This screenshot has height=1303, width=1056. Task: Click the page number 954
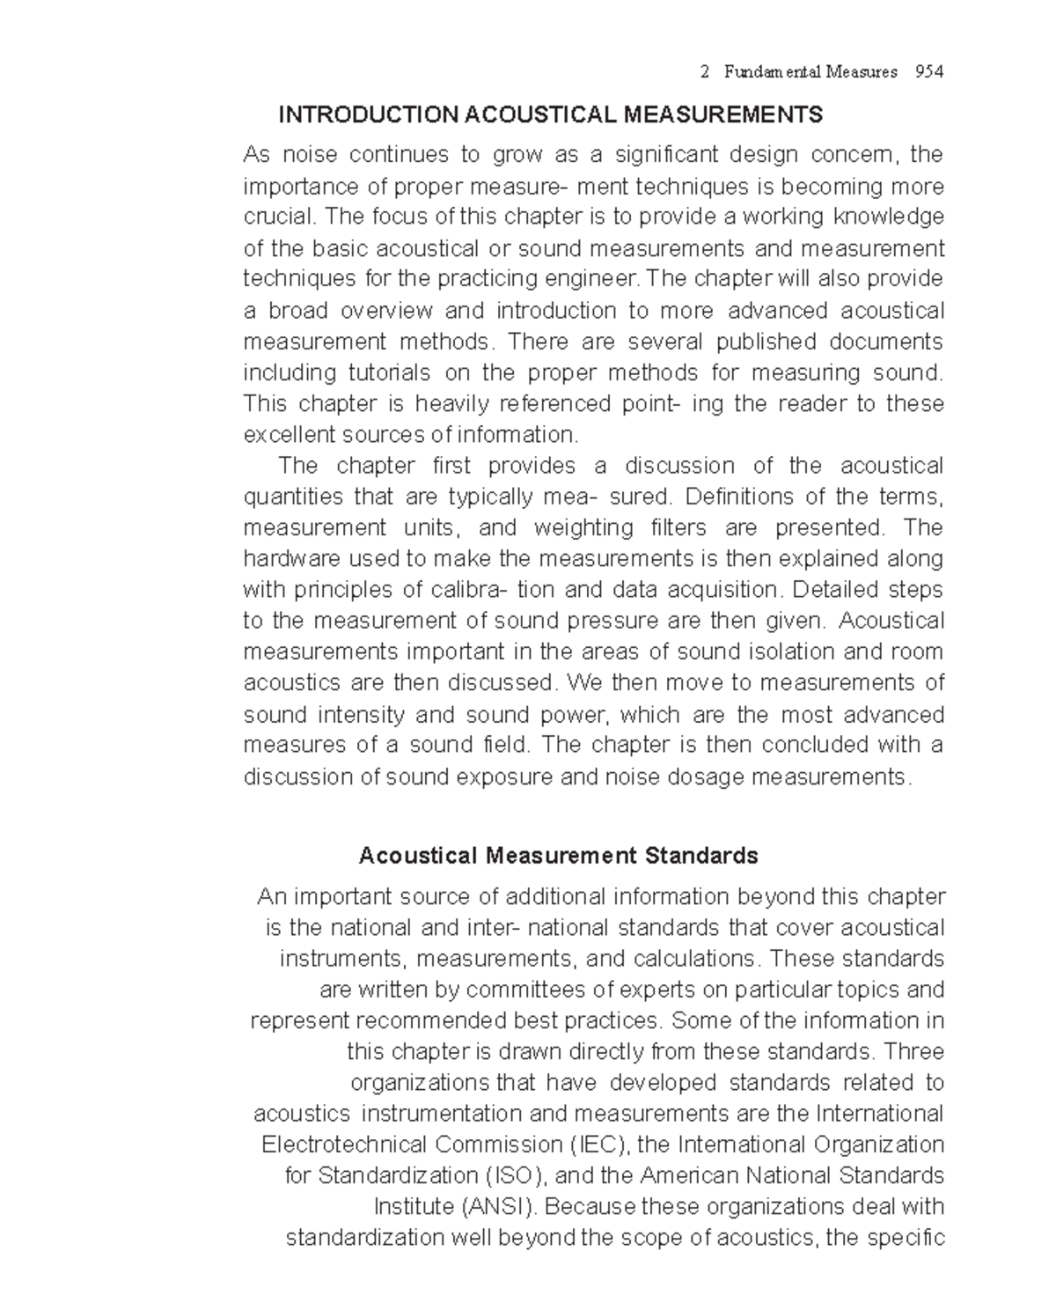click(x=929, y=72)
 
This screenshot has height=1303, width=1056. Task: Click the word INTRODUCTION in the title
click(x=368, y=114)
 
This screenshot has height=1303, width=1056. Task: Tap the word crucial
click(x=277, y=217)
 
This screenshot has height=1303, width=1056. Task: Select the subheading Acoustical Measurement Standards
click(x=558, y=856)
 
